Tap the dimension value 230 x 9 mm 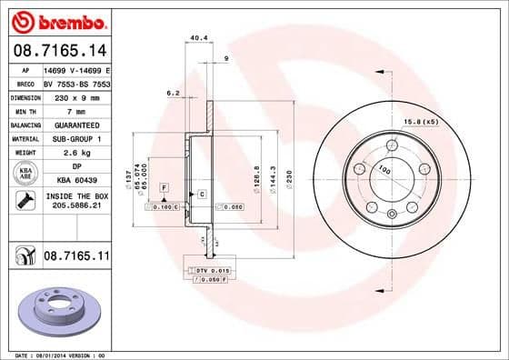pyautogui.click(x=76, y=95)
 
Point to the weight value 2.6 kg pyautogui.click(x=76, y=153)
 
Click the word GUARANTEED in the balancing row pyautogui.click(x=76, y=125)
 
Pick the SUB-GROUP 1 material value pyautogui.click(x=76, y=138)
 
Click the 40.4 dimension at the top pyautogui.click(x=195, y=38)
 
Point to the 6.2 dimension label pyautogui.click(x=172, y=92)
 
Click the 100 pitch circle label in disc pyautogui.click(x=386, y=170)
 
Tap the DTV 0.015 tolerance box pyautogui.click(x=208, y=271)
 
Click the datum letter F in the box pyautogui.click(x=164, y=186)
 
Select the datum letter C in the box pyautogui.click(x=201, y=194)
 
